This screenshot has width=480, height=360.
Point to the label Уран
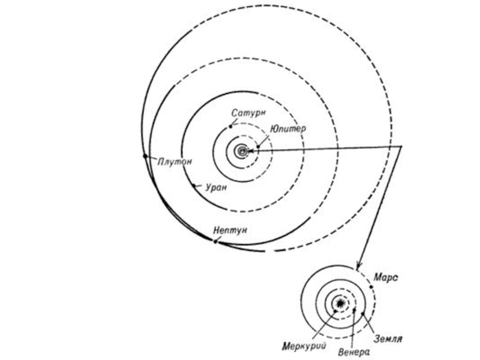(x=215, y=187)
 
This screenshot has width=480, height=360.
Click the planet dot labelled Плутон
(x=145, y=156)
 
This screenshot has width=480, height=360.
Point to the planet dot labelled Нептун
(x=214, y=241)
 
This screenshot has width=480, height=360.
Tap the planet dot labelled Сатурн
(x=230, y=127)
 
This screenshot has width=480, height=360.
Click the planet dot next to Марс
(x=372, y=287)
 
